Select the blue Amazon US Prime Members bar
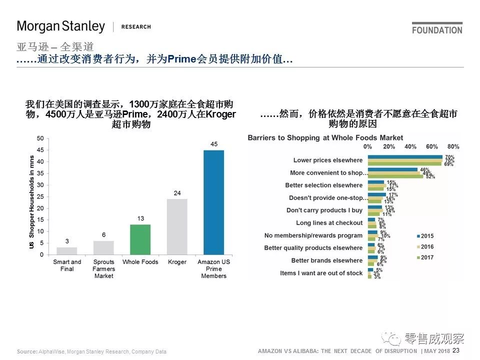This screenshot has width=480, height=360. point(213,202)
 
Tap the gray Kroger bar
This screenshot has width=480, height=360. point(177,226)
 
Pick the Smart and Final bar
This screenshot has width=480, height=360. point(67,251)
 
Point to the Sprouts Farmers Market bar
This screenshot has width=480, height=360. point(103,248)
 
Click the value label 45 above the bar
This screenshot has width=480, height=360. point(213,144)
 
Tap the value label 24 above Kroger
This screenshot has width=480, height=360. point(177,193)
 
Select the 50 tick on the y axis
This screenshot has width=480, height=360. point(40,138)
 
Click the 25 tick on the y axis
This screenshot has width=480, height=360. point(40,196)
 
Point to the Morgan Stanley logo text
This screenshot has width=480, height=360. point(61,26)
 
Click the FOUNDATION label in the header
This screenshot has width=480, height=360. point(437,30)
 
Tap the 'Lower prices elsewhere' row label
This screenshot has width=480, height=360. point(328,160)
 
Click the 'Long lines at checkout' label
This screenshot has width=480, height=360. point(329,223)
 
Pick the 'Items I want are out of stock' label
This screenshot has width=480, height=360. point(321,273)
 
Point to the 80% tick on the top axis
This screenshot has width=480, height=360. point(453,146)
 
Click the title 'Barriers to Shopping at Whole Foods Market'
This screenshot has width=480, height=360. point(325,137)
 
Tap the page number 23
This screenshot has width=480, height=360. point(455,350)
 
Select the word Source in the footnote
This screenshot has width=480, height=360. point(26,352)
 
